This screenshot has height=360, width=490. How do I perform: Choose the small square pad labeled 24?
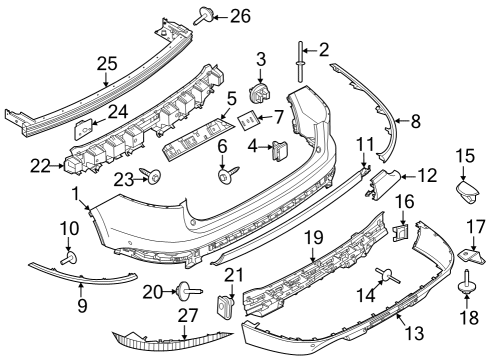(83, 127)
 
